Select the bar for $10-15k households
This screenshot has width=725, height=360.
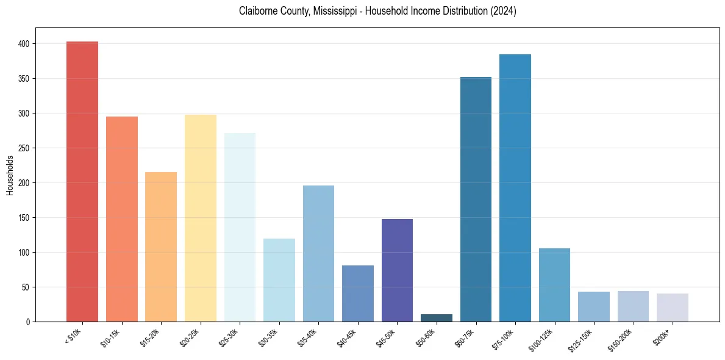coord(122,219)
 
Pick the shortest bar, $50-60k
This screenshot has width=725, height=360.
coord(437,318)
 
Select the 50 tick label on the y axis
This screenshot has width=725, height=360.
coord(28,287)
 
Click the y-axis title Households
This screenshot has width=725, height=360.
coord(10,175)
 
